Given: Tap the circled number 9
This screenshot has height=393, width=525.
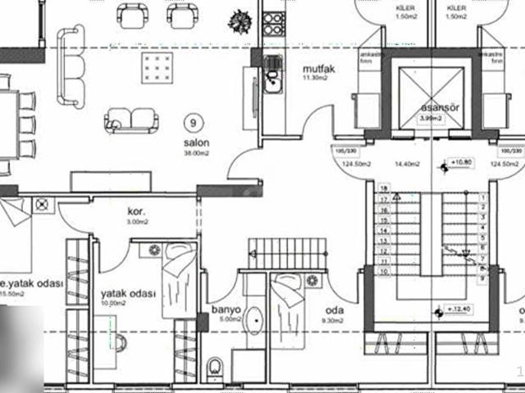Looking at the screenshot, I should click(x=192, y=124).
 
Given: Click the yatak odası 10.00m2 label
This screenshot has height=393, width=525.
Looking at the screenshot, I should click(x=127, y=292).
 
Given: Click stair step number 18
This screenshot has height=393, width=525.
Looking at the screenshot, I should click(x=382, y=188).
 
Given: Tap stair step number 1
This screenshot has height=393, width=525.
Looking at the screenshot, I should click(x=483, y=197).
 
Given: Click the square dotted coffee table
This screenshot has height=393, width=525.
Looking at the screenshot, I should click(x=157, y=65).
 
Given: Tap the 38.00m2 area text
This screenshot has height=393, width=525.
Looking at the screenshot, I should click(x=197, y=152).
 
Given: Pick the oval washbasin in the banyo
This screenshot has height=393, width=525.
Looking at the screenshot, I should click(x=254, y=318).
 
